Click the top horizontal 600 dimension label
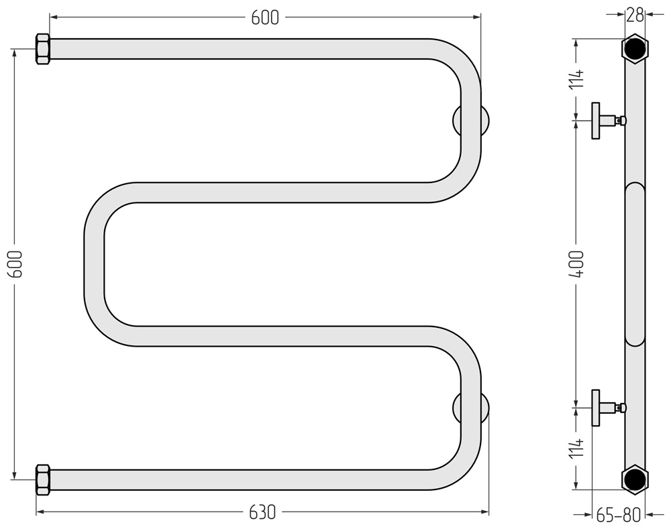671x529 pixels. point(265,17)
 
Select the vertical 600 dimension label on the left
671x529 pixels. point(16,264)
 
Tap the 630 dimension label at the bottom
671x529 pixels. point(262,512)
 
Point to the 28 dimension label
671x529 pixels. point(635,15)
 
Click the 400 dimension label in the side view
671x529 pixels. point(576,264)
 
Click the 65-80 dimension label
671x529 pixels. point(619,515)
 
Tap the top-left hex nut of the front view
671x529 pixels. point(43,49)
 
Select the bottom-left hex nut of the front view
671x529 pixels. point(43,479)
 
